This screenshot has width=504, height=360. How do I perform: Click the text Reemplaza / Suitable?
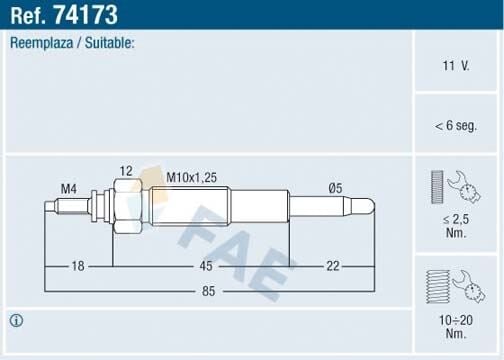tap(72, 44)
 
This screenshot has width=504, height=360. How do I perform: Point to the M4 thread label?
tap(68, 188)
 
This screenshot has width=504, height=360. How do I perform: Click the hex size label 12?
tap(125, 172)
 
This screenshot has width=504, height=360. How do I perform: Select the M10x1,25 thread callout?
tap(190, 176)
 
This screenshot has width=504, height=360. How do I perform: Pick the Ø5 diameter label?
tap(337, 188)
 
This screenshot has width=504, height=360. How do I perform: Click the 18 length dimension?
tap(79, 266)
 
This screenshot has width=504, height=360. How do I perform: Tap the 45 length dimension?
tap(206, 266)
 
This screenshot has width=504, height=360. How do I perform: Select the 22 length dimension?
tap(334, 266)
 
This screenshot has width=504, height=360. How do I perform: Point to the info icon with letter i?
tap(16, 321)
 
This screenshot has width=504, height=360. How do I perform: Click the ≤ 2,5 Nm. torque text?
tap(456, 224)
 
